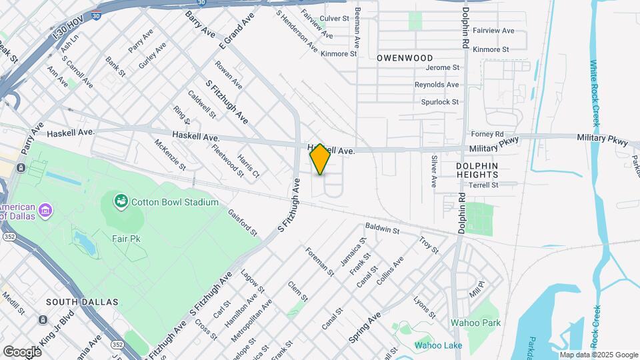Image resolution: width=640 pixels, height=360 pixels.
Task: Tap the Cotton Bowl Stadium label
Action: tap(175, 202)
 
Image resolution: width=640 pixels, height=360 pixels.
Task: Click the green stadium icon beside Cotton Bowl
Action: tap(121, 201)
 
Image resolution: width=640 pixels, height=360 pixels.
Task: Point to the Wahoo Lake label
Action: tap(438, 345)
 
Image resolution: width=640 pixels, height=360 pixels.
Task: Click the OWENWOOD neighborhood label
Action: tap(405, 59)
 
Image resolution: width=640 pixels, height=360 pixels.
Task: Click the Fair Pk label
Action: tap(125, 239)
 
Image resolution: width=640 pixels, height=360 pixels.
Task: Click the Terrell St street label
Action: tap(483, 185)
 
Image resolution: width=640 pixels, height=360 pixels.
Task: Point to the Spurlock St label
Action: tap(439, 102)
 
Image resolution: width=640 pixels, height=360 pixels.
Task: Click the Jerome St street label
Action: tap(443, 67)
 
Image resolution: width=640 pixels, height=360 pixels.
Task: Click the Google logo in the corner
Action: tap(22, 351)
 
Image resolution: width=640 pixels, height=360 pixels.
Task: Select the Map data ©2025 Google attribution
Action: tap(597, 355)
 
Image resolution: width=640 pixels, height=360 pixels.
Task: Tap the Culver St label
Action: tap(335, 19)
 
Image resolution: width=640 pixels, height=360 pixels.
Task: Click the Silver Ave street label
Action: tap(433, 171)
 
